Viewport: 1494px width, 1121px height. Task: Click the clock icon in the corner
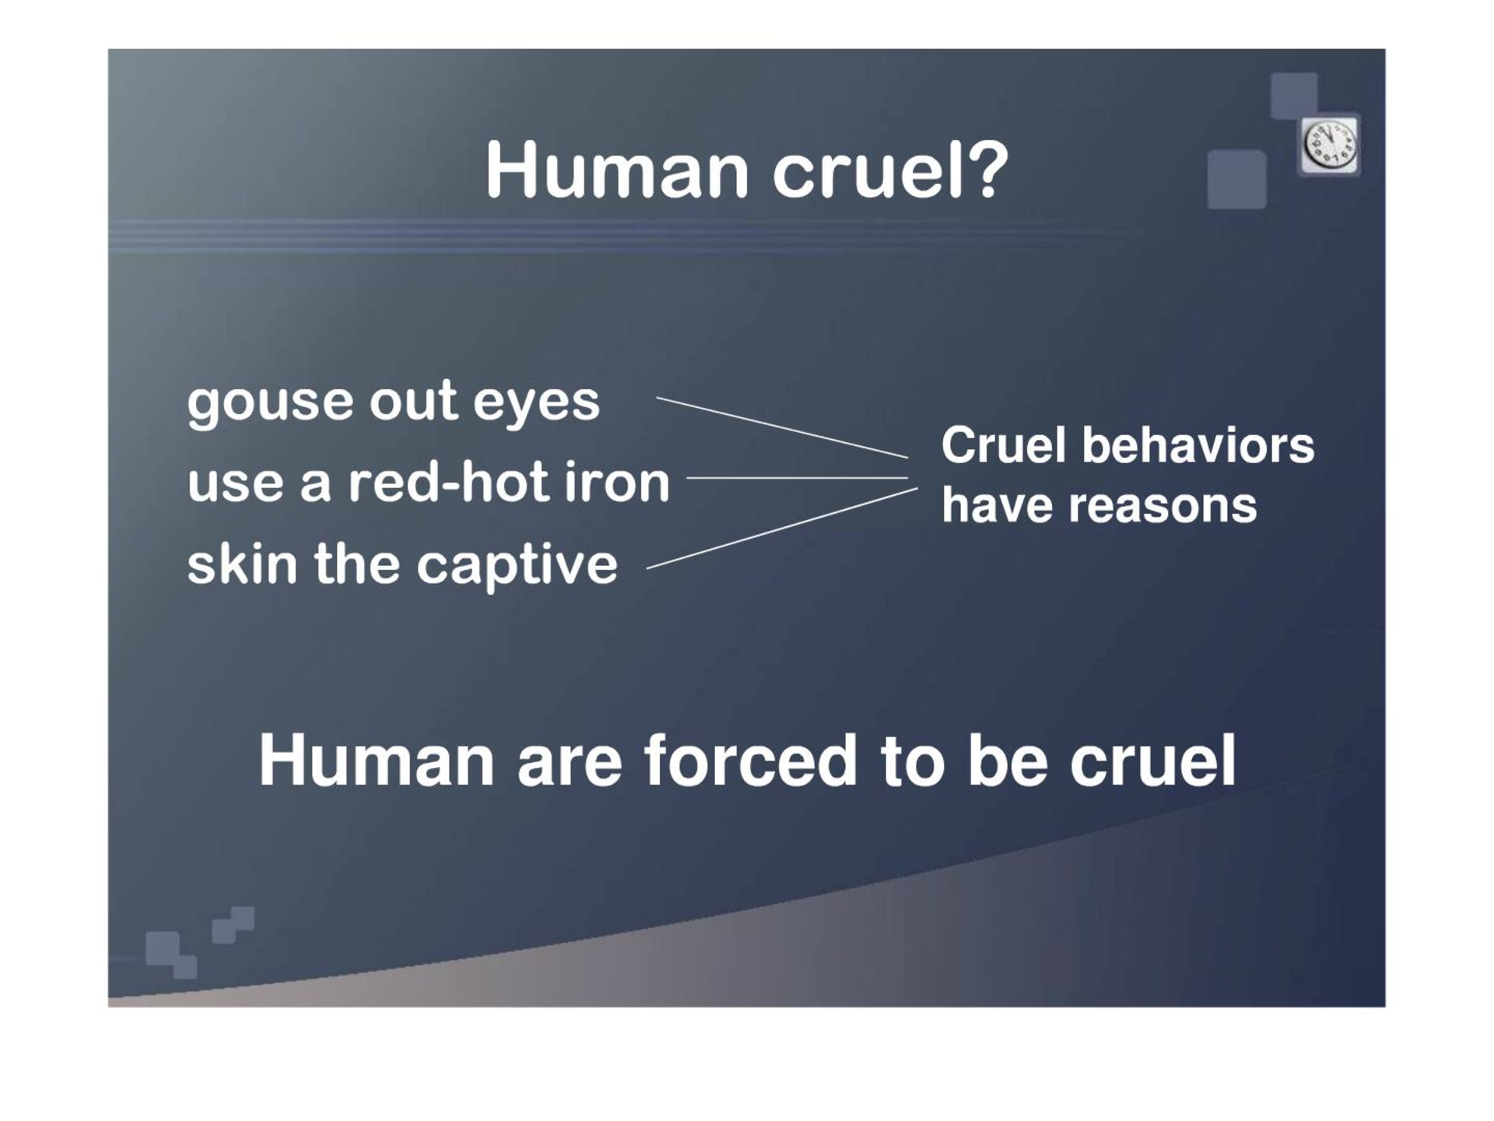(1330, 146)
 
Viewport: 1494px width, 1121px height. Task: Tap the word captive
(517, 566)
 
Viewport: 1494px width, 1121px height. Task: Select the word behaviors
(1198, 446)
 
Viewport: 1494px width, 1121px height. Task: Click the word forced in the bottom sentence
(751, 761)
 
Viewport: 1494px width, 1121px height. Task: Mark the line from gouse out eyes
(782, 427)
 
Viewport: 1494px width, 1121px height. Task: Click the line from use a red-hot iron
(798, 478)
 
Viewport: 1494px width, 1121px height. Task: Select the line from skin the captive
(782, 529)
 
